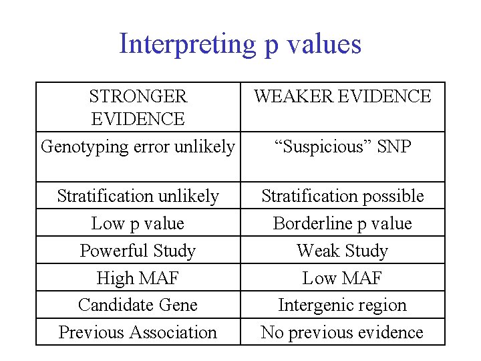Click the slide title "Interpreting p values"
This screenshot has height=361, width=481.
[x=240, y=44]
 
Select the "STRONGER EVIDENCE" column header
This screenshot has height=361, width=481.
[x=138, y=107]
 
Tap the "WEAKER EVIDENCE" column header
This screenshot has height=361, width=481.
[x=342, y=96]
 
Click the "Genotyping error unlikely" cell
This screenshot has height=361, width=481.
[x=138, y=146]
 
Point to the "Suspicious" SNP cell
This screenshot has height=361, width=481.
[x=342, y=146]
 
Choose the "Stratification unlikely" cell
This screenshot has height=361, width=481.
[x=138, y=196]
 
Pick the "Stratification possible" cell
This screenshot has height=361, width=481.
[x=342, y=196]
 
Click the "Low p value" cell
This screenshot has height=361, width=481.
[x=138, y=223]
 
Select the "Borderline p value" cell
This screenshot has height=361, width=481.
[x=342, y=223]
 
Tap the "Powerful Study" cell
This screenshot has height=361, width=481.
[x=138, y=251]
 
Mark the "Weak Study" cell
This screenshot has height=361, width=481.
[x=342, y=251]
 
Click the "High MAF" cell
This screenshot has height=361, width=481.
[x=138, y=277]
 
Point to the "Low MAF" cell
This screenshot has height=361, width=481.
[x=342, y=277]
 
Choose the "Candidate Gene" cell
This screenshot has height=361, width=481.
[x=138, y=305]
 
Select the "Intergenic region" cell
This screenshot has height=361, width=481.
[x=342, y=305]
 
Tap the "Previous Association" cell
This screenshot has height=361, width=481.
[x=138, y=332]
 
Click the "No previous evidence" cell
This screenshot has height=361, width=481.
[x=342, y=332]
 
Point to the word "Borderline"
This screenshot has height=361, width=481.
[x=313, y=223]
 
